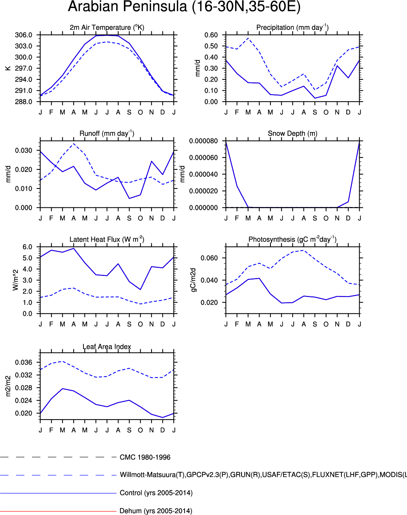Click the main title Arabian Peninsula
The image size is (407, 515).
184,7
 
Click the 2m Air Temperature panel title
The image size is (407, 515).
107,28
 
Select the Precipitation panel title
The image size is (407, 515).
292,28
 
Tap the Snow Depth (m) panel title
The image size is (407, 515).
292,133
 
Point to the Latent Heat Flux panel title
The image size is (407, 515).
107,239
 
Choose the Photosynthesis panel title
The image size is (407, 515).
292,239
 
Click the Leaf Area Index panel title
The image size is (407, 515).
107,347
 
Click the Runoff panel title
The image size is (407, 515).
107,133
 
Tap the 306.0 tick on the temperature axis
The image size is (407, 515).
23,35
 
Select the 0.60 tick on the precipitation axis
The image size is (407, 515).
211,35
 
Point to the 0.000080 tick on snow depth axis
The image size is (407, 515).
203,141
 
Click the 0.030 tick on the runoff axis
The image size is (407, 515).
23,151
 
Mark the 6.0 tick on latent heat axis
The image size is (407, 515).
27,247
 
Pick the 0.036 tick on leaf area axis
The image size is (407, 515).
23,362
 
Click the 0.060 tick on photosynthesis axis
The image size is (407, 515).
209,258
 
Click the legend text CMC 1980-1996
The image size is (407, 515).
145,457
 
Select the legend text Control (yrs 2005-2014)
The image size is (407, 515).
156,493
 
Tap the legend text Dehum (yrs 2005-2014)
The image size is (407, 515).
156,511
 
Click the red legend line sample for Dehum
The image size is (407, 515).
58,511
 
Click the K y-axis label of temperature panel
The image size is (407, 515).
8,68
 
